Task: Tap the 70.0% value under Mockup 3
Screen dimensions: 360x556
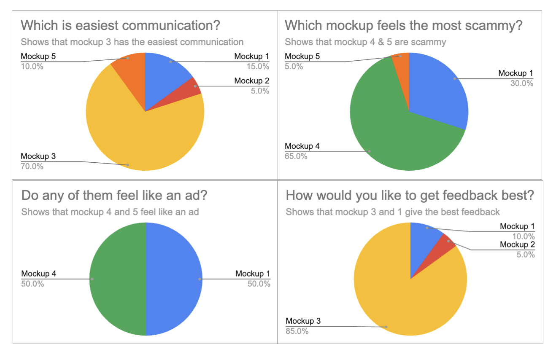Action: [x=32, y=166]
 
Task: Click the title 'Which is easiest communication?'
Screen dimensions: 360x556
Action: [x=120, y=25]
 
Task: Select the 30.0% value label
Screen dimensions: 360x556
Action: [x=522, y=83]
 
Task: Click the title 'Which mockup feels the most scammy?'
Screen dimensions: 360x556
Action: [x=404, y=25]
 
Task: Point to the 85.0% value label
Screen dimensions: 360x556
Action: [x=297, y=331]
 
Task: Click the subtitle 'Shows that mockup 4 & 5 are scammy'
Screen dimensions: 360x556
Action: [x=365, y=42]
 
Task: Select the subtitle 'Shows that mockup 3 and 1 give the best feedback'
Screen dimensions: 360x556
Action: [x=393, y=212]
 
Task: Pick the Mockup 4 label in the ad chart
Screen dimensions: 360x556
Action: [x=39, y=274]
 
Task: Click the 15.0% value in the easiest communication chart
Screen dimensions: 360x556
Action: [x=258, y=66]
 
